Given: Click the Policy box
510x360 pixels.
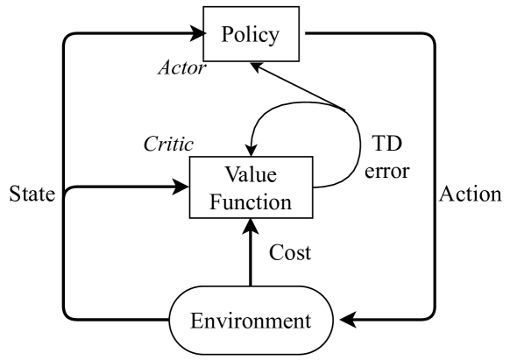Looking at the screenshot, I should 251,35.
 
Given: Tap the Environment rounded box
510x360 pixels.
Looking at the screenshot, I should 251,320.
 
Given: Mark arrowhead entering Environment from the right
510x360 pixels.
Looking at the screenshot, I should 350,320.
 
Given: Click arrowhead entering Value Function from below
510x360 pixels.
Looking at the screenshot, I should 251,227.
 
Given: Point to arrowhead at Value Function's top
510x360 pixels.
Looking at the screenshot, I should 251,150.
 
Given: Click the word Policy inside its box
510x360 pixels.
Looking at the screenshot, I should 251,35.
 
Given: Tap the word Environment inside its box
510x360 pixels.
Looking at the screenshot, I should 251,320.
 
